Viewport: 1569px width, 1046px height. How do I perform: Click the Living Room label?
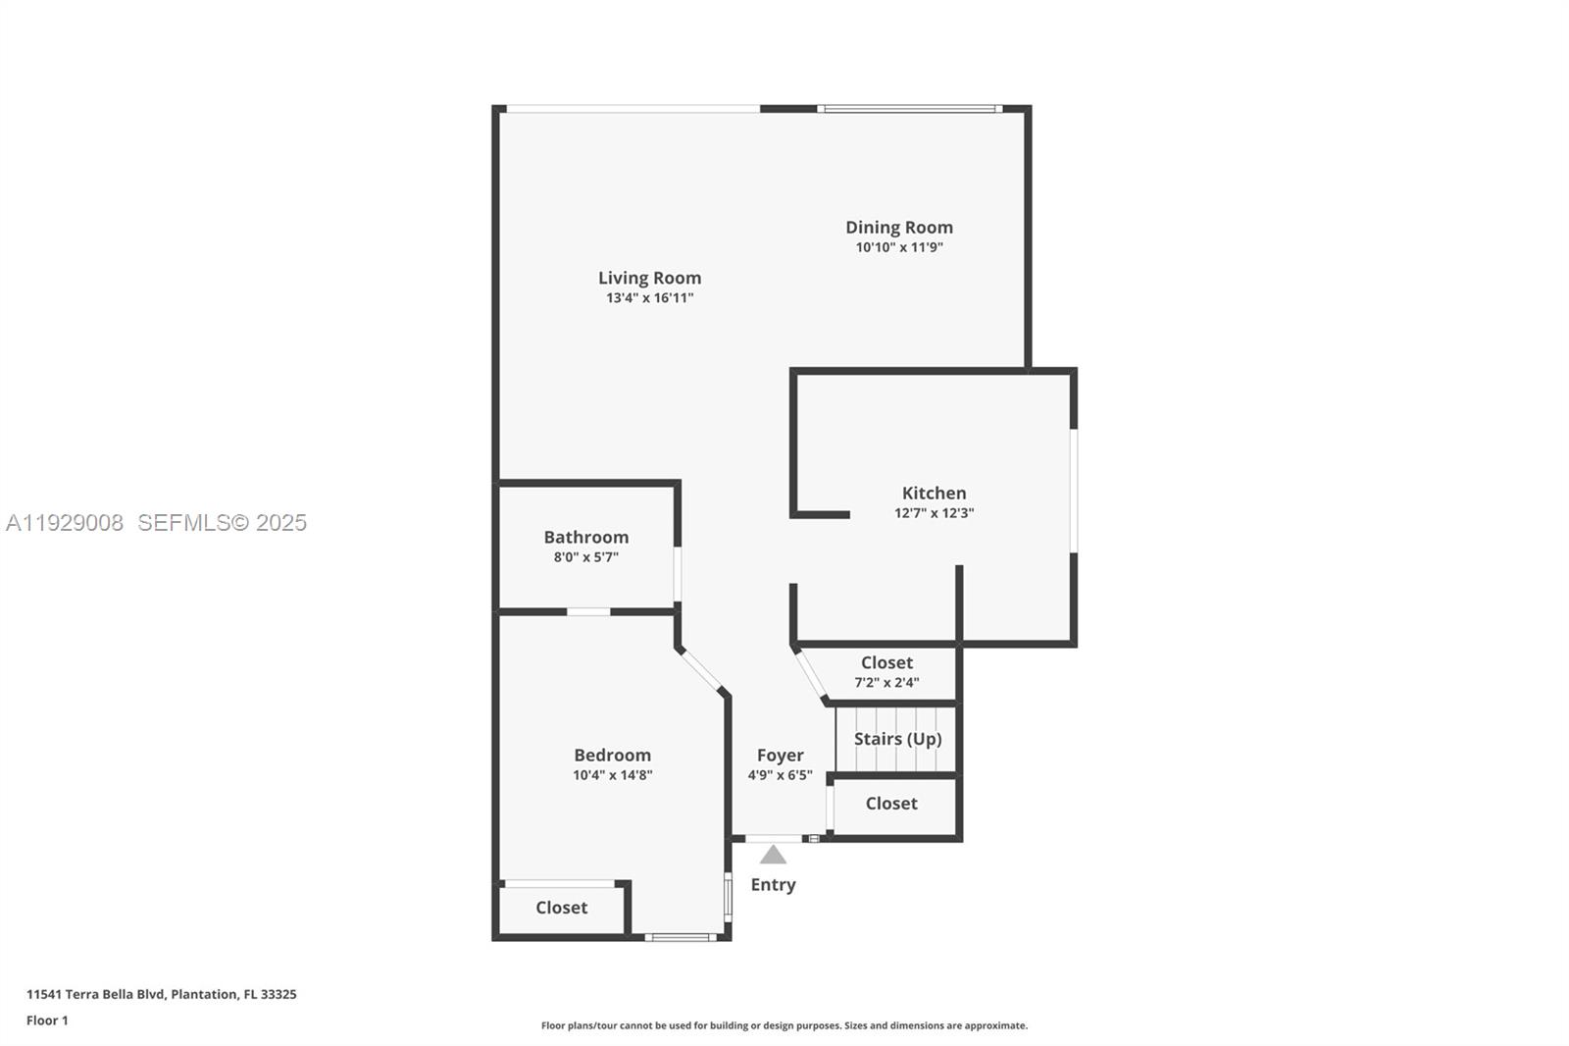pyautogui.click(x=649, y=278)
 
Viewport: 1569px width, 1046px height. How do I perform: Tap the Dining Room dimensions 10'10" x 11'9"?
pyautogui.click(x=899, y=247)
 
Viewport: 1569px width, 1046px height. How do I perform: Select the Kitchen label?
pyautogui.click(x=934, y=493)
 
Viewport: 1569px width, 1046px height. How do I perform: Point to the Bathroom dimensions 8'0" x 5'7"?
pyautogui.click(x=585, y=557)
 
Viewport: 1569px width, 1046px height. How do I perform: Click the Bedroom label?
pyautogui.click(x=612, y=755)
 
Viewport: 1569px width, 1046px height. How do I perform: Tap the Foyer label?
pyautogui.click(x=780, y=755)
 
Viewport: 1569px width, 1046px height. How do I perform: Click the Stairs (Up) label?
pyautogui.click(x=897, y=739)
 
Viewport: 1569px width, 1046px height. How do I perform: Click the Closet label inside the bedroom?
pyautogui.click(x=561, y=908)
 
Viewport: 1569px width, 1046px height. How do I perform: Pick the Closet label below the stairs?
pyautogui.click(x=891, y=804)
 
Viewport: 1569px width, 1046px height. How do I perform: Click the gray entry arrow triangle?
pyautogui.click(x=773, y=856)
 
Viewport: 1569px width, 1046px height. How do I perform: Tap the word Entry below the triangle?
pyautogui.click(x=773, y=884)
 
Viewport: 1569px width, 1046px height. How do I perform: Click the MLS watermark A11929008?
pyautogui.click(x=65, y=523)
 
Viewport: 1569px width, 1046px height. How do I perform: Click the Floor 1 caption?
pyautogui.click(x=47, y=1020)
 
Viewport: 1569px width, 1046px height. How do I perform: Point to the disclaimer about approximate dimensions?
pyautogui.click(x=784, y=1025)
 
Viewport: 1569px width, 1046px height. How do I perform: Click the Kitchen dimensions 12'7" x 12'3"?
pyautogui.click(x=934, y=513)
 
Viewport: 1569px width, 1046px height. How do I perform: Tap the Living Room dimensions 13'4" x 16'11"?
pyautogui.click(x=649, y=298)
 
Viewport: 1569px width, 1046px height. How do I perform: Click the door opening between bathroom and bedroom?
pyautogui.click(x=588, y=612)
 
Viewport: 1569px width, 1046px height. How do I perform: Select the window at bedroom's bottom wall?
pyautogui.click(x=681, y=938)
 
